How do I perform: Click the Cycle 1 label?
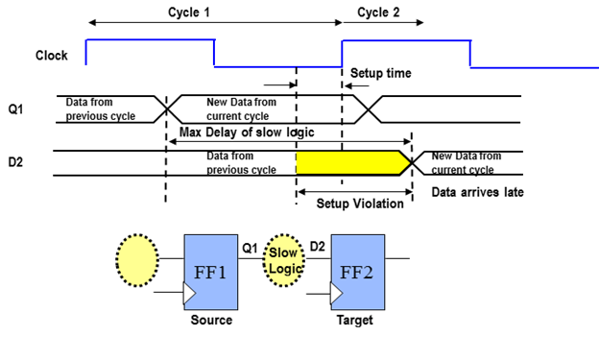(x=189, y=12)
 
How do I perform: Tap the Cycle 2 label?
(x=378, y=12)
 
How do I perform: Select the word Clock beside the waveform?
(x=52, y=56)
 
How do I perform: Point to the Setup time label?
(x=381, y=73)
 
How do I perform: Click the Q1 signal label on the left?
(x=15, y=109)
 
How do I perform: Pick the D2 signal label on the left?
(x=15, y=162)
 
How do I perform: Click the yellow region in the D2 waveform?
(x=350, y=163)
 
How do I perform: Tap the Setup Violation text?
(x=360, y=204)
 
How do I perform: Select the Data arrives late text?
(x=477, y=192)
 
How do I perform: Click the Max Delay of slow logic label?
(x=247, y=132)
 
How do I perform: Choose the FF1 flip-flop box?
(x=211, y=272)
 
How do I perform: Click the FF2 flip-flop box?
(x=357, y=272)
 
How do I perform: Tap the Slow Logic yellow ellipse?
(x=284, y=260)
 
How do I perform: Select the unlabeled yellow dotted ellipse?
(x=137, y=260)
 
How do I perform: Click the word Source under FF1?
(x=211, y=320)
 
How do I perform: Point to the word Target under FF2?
(x=354, y=320)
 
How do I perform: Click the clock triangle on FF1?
(x=189, y=294)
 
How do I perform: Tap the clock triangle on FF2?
(x=336, y=294)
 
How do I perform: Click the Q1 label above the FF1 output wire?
(x=250, y=248)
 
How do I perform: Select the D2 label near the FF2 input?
(x=317, y=247)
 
